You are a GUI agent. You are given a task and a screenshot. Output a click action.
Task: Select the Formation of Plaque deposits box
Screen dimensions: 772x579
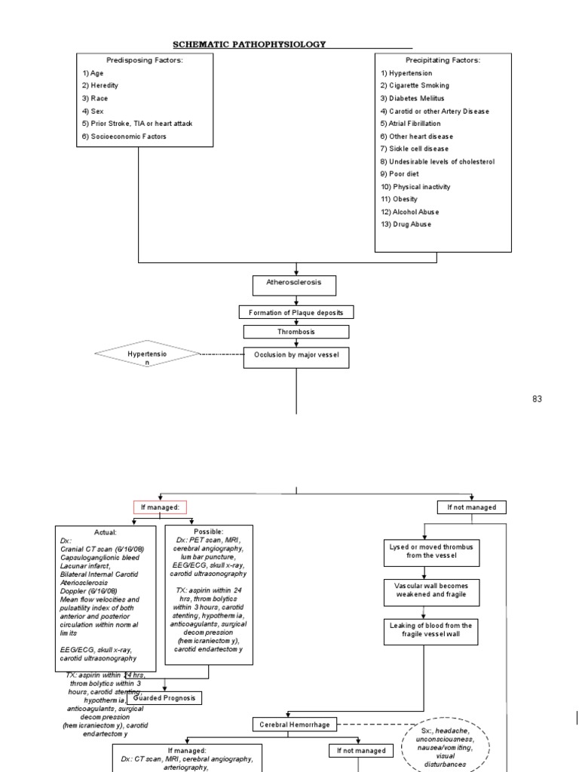click(296, 312)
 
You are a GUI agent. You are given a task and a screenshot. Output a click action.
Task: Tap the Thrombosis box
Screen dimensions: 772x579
click(296, 332)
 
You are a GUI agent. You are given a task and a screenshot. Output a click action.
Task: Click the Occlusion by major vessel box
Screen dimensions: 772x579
click(296, 357)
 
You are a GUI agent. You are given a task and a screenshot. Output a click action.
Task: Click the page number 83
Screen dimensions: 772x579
click(537, 398)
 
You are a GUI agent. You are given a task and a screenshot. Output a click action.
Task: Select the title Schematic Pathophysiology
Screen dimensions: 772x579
click(249, 44)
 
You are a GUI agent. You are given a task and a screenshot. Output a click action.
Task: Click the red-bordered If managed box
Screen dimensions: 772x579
click(159, 507)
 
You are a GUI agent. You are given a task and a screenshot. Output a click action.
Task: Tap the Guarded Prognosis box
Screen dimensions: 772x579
click(165, 698)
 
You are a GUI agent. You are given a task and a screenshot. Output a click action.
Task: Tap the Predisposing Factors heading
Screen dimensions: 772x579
click(139, 60)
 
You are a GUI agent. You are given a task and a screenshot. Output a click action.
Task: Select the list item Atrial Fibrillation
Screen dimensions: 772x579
click(411, 124)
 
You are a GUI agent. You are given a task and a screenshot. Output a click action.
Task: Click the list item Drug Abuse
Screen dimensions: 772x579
click(406, 225)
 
